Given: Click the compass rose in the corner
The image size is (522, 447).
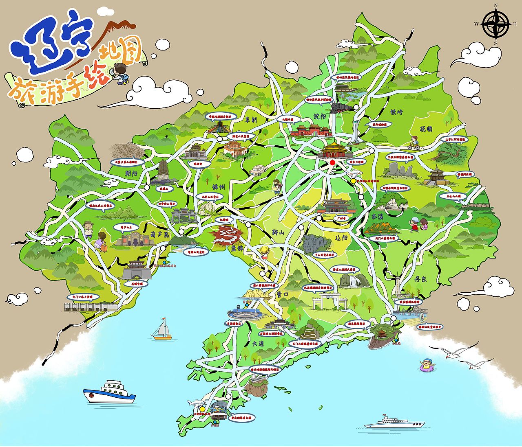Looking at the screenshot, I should click(x=495, y=24).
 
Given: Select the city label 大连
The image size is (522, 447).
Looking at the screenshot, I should click(x=258, y=343).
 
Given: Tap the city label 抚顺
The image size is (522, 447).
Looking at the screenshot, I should click(x=426, y=129).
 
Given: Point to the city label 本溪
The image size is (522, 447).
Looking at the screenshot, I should click(x=378, y=216).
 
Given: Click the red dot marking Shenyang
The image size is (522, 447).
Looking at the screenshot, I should click(x=332, y=162).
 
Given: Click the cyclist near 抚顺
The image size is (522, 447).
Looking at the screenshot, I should click(x=414, y=143).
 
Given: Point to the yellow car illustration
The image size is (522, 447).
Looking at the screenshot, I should click(x=258, y=170).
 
